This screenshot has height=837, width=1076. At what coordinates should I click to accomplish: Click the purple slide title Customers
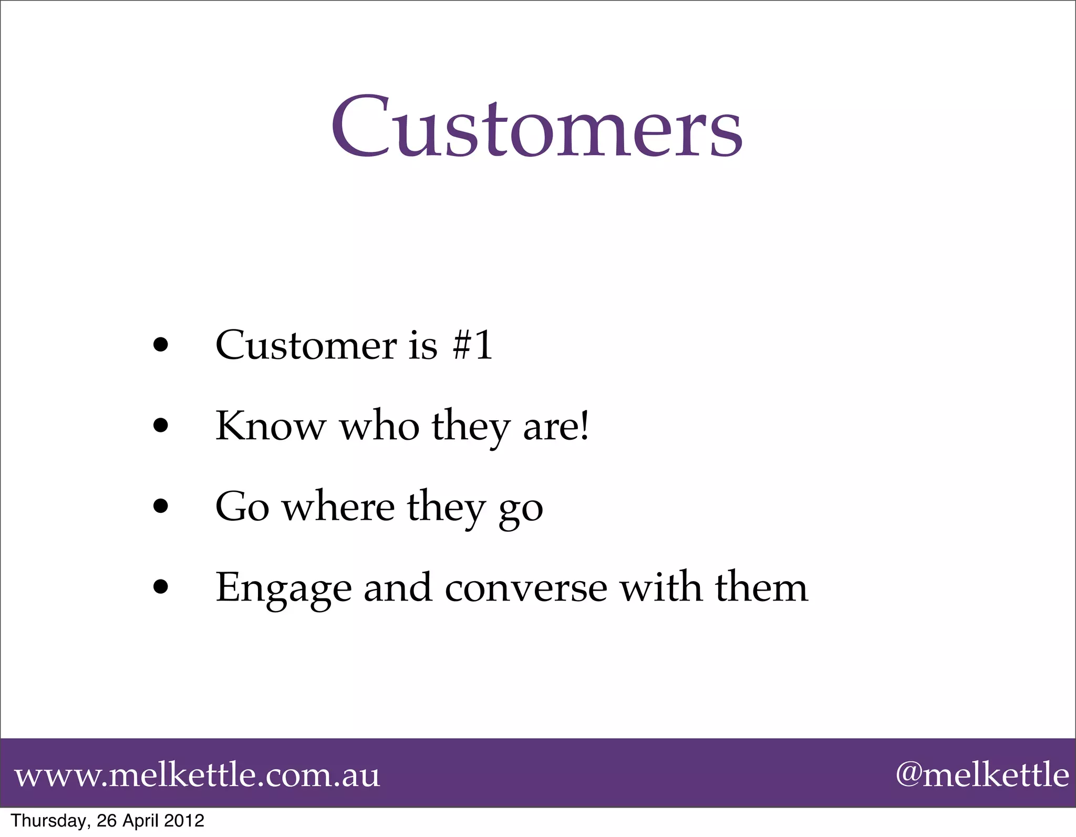click(536, 128)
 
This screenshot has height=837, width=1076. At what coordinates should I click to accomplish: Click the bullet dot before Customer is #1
click(161, 346)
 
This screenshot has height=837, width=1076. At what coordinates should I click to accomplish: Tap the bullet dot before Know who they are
click(161, 426)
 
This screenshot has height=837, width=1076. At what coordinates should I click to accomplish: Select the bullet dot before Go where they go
click(161, 507)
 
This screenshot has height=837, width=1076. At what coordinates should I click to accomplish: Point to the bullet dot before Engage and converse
click(161, 587)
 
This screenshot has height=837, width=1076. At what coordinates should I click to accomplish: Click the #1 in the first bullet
click(472, 345)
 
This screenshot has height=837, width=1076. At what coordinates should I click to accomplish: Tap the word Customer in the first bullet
click(306, 345)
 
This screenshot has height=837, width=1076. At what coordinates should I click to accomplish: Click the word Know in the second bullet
click(271, 426)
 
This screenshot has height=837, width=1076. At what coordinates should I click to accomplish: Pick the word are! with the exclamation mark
click(556, 426)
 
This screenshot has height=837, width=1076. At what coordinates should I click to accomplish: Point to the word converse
click(526, 587)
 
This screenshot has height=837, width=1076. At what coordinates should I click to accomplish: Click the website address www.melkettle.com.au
click(196, 775)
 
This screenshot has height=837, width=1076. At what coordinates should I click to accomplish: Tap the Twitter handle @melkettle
click(982, 775)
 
